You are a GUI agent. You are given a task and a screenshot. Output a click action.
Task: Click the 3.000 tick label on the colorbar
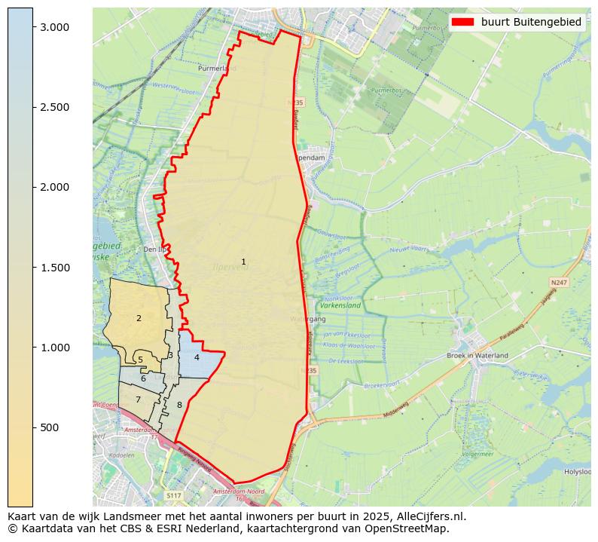pyautogui.click(x=54, y=27)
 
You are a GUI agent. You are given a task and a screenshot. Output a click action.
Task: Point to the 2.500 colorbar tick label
pyautogui.click(x=54, y=107)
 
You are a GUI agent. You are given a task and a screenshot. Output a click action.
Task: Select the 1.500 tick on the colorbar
pyautogui.click(x=54, y=268)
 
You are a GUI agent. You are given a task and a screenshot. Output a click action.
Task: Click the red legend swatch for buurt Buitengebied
pyautogui.click(x=463, y=22)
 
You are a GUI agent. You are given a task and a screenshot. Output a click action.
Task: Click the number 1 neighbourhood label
pyautogui.click(x=243, y=262)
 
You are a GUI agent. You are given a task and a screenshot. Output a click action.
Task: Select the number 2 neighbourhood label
pyautogui.click(x=139, y=318)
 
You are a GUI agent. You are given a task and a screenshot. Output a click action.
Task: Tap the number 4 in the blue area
pyautogui.click(x=197, y=357)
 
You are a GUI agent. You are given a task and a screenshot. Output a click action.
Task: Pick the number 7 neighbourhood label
pyautogui.click(x=138, y=400)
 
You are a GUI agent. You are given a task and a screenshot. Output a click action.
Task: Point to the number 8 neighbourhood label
pyautogui.click(x=179, y=406)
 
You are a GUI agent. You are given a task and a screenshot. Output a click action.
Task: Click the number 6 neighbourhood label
pyautogui.click(x=143, y=378)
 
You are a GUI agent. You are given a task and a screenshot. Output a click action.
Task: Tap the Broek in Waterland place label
pyautogui.click(x=477, y=355)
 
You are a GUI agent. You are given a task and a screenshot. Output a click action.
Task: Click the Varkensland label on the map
pyautogui.click(x=340, y=305)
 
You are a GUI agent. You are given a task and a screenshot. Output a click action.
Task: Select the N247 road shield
pyautogui.click(x=558, y=283)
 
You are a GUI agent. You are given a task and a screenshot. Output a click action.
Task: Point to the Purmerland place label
pyautogui.click(x=217, y=68)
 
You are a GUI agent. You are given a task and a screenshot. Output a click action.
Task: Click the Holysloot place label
pyautogui.click(x=578, y=472)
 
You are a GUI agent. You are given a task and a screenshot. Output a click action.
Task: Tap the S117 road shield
pyautogui.click(x=174, y=495)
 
